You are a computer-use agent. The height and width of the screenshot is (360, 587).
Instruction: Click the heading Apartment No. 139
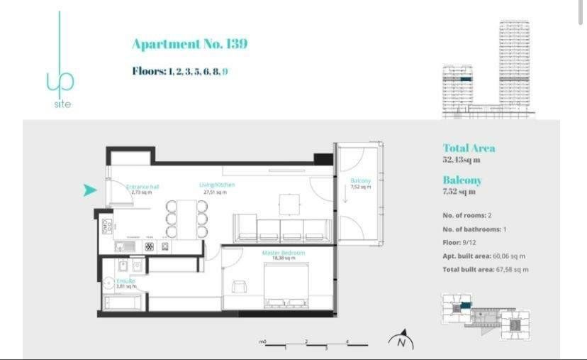[189, 44]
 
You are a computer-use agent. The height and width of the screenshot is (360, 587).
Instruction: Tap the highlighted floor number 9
[225, 71]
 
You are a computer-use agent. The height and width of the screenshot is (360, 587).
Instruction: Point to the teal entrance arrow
[89, 190]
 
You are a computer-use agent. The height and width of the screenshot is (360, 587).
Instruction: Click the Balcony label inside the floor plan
[360, 183]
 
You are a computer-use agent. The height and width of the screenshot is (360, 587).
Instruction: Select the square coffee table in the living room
[289, 204]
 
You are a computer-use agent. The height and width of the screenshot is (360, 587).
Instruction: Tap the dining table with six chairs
[186, 219]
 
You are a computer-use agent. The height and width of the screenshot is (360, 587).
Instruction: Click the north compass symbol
[401, 341]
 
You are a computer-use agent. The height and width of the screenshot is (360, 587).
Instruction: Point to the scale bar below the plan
[314, 344]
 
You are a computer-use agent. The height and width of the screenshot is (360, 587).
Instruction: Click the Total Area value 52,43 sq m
[461, 160]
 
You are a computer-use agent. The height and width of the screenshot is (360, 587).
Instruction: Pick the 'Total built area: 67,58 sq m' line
[486, 269]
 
